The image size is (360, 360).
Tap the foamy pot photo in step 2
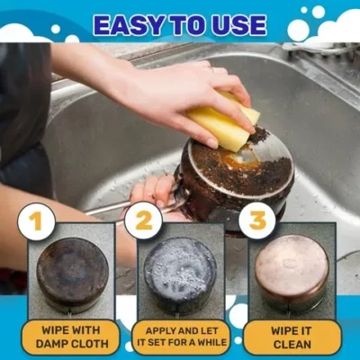pos(179,273)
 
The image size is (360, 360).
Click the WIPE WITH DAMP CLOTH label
pos(71,336)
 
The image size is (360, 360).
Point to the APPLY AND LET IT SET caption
pos(180,336)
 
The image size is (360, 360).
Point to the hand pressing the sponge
pos(171,90)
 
